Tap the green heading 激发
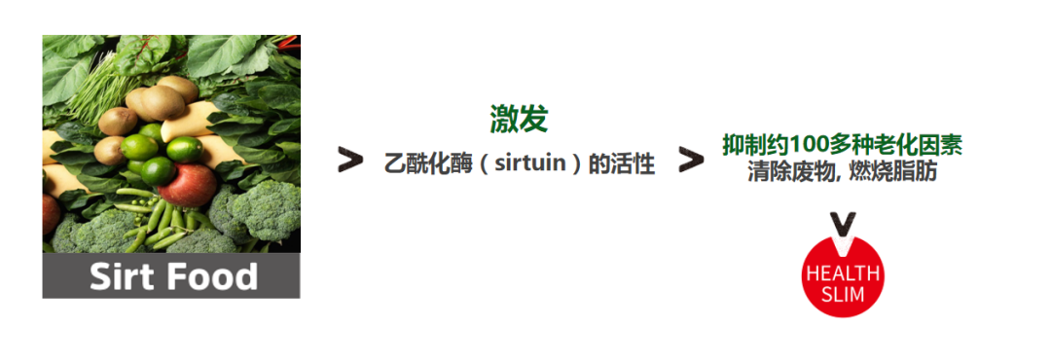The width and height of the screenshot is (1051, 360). (x=519, y=119)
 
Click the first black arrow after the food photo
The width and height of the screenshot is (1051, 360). (x=349, y=161)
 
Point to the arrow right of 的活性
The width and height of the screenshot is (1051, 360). (x=690, y=161)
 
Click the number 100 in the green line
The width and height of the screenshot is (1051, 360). (x=809, y=145)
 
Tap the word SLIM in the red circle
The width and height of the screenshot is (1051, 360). (x=842, y=293)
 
